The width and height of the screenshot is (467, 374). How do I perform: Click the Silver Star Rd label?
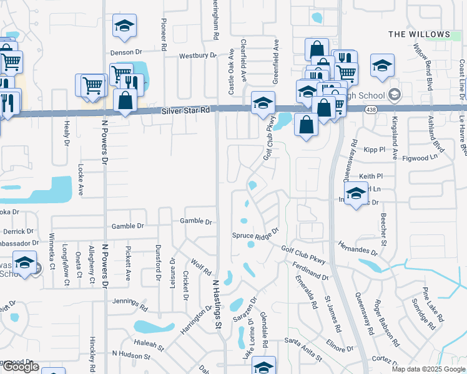coord(185,110)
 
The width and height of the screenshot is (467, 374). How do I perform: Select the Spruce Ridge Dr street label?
coord(254,236)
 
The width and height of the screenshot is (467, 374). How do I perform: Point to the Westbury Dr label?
coord(197,55)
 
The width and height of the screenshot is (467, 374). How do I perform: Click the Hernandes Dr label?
coord(358,249)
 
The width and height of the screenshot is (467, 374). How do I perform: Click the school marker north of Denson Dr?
coord(124,26)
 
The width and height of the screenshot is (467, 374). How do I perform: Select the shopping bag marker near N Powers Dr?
coord(125,100)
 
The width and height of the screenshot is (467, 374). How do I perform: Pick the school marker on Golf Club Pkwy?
coord(263,102)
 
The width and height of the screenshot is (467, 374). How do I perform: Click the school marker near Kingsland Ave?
coord(382,65)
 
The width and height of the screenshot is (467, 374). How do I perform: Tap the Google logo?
coord(20,367)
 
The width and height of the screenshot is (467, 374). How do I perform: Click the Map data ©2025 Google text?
coord(428,369)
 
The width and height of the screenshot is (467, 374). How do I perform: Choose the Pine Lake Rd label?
coord(433,305)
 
